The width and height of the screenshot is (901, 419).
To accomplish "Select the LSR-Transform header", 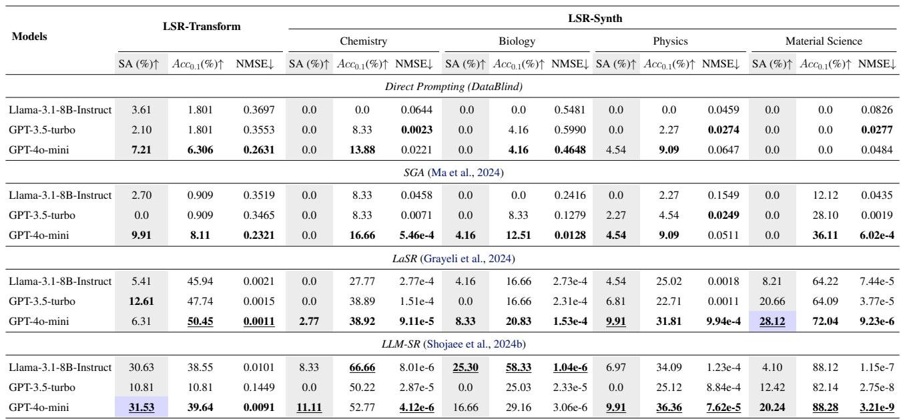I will (x=202, y=27).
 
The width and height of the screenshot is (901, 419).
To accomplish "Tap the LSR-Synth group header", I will (x=591, y=19).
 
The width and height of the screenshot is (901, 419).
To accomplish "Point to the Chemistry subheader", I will (x=363, y=41).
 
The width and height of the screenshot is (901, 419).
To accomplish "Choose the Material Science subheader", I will (x=824, y=41).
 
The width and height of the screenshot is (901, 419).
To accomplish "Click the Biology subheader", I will (x=517, y=41).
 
